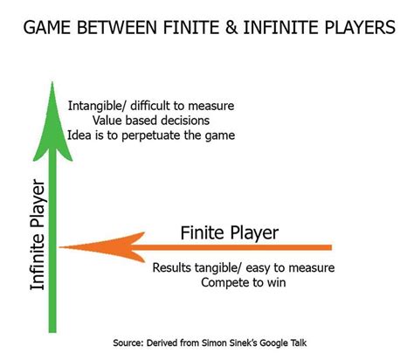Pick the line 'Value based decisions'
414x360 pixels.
pyautogui.click(x=149, y=121)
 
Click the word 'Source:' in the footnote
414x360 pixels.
pyautogui.click(x=132, y=343)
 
